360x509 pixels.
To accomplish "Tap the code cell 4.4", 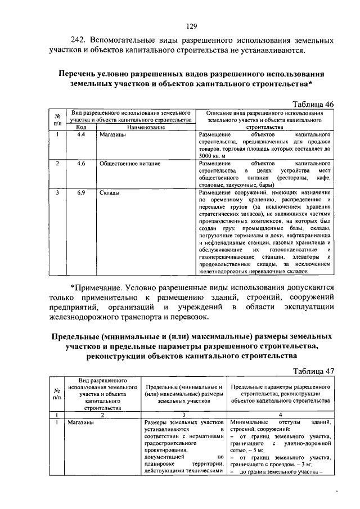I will [x=80, y=136].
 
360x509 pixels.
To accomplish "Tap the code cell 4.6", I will [x=80, y=163].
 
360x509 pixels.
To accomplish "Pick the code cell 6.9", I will [x=80, y=193].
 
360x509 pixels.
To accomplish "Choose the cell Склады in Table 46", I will [x=109, y=193].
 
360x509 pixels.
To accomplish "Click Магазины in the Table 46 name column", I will [x=111, y=136].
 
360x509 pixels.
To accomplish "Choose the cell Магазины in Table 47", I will [x=82, y=422].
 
